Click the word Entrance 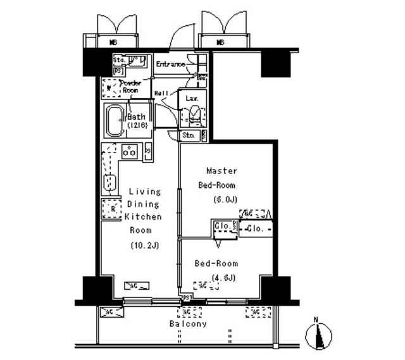pos(170,65)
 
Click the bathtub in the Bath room pos(116,121)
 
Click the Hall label pos(161,93)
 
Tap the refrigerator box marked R pos(111,209)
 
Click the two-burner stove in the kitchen pos(130,152)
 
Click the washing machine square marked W pos(109,88)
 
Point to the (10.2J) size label pos(145,245)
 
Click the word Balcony pos(187,324)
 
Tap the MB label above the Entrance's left pos(114,43)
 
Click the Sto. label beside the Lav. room pos(189,135)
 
